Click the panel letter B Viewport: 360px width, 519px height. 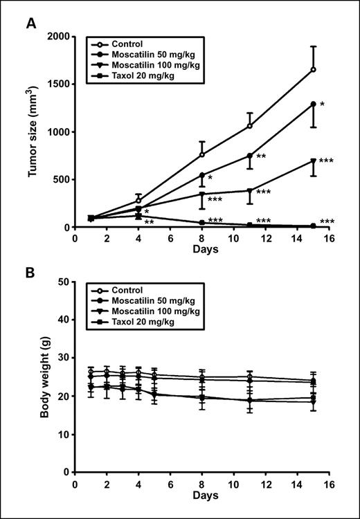[x=31, y=272]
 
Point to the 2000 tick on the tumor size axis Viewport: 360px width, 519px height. [x=59, y=37]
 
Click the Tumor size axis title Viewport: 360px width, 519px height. [x=33, y=131]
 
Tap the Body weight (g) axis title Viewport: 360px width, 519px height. [x=33, y=377]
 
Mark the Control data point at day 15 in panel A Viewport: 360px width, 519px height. [x=314, y=69]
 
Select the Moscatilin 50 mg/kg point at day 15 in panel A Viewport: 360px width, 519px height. [x=314, y=104]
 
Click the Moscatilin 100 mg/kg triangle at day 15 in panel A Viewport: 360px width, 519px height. [x=314, y=161]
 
